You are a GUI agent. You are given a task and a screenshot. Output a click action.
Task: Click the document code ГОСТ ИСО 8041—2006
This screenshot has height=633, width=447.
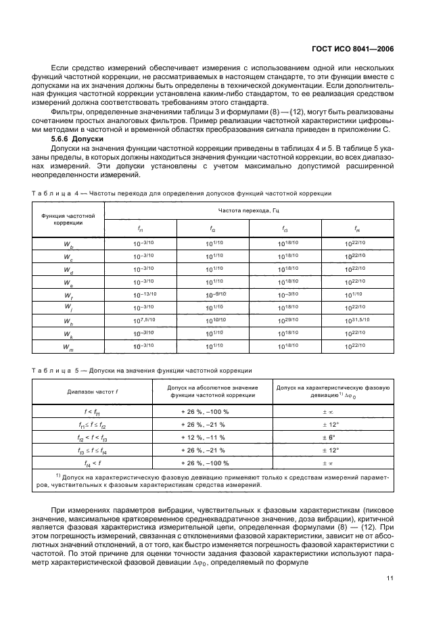359,49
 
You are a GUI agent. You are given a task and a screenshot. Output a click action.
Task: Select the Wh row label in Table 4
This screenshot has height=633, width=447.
70,321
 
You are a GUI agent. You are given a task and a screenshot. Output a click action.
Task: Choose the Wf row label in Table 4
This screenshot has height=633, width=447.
70,296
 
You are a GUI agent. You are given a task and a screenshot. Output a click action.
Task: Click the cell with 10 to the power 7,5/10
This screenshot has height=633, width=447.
139,321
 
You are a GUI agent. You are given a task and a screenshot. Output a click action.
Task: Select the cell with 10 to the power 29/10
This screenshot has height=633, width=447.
285,321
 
